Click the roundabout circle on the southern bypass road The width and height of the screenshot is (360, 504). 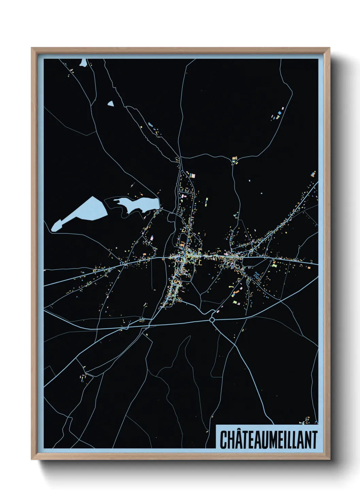tap(212, 320)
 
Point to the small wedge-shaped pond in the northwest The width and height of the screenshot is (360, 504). tap(110, 104)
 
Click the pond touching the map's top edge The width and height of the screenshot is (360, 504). tap(83, 63)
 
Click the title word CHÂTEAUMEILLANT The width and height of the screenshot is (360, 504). tap(268, 440)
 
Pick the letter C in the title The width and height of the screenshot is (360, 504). tap(224, 440)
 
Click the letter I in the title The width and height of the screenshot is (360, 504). tap(287, 440)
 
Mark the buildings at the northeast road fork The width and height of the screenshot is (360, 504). tap(234, 160)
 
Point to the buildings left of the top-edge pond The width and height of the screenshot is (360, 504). tap(72, 72)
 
